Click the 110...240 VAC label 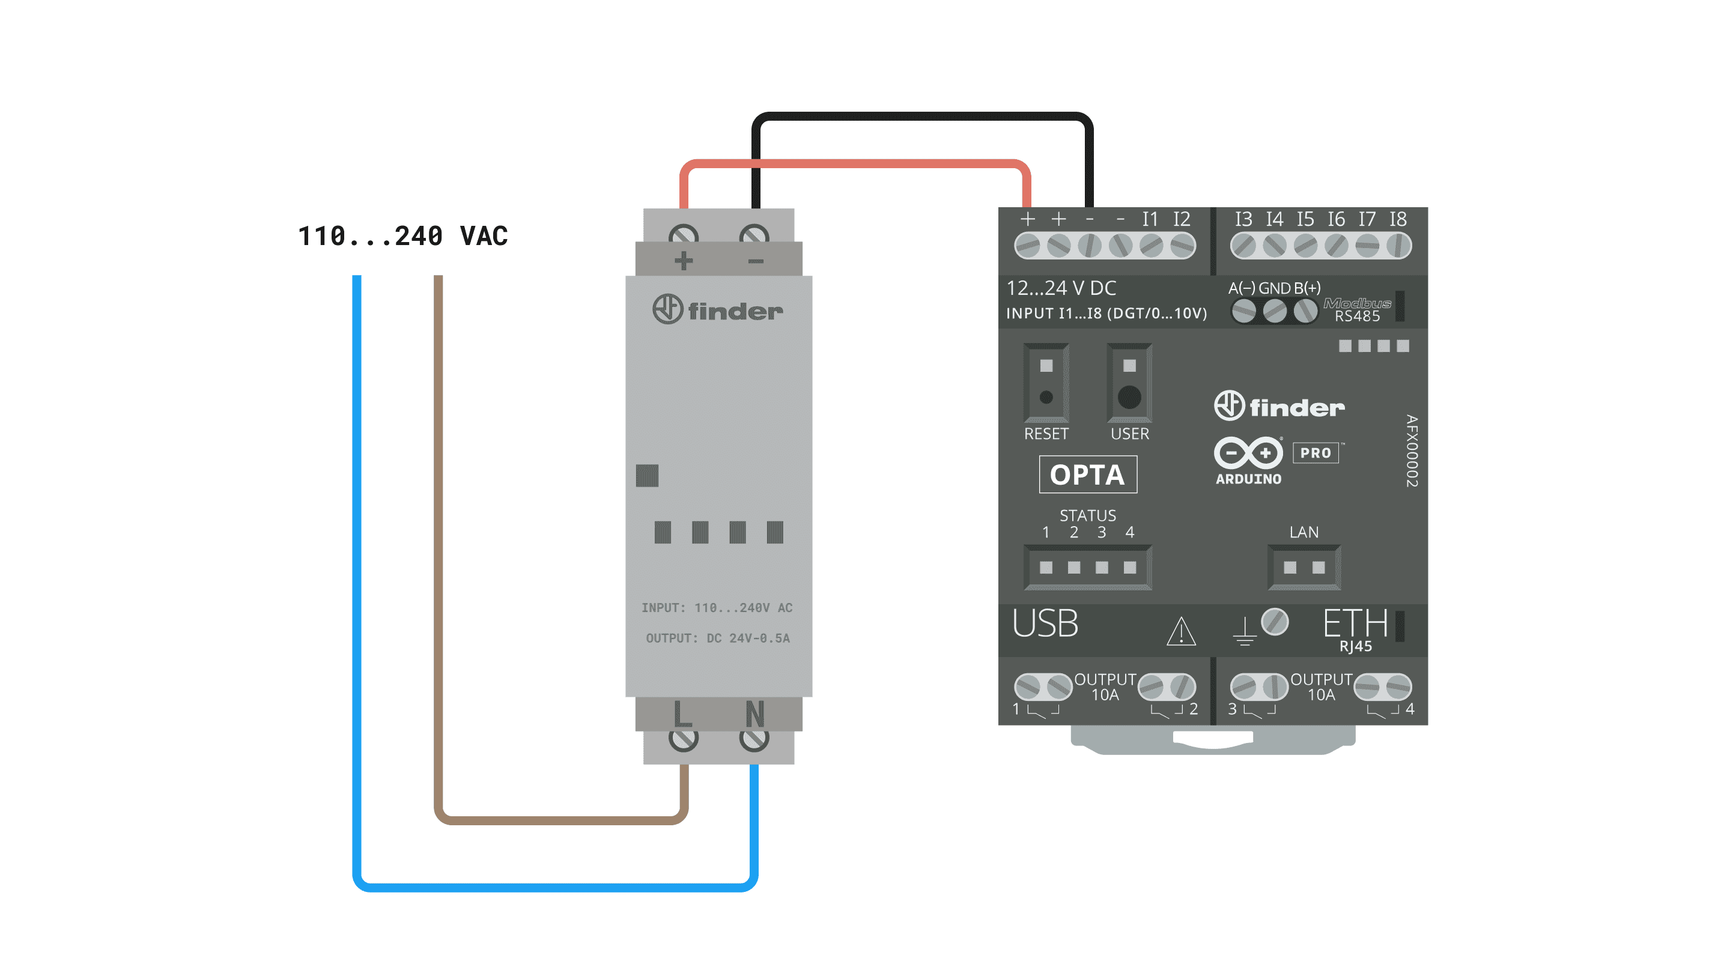tap(403, 237)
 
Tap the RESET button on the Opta tap(1046, 397)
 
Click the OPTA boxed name tap(1087, 474)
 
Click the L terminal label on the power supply tap(682, 714)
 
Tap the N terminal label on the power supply tap(755, 714)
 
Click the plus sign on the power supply tap(684, 261)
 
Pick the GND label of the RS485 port tap(1274, 288)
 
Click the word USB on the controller tap(1045, 624)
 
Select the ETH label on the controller tap(1355, 624)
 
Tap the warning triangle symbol tap(1180, 632)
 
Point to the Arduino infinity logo tap(1248, 453)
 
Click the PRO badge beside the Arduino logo tap(1315, 453)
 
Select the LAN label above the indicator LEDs tap(1304, 533)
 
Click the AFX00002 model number tap(1412, 450)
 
